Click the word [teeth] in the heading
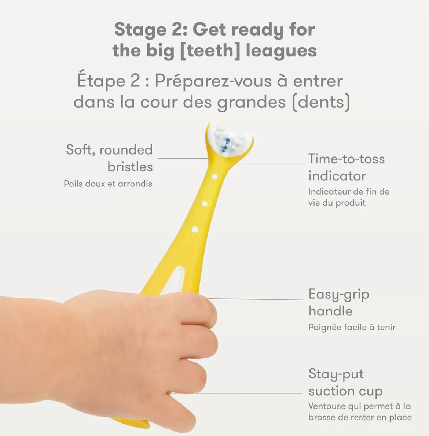(x=210, y=51)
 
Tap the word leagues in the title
(x=281, y=51)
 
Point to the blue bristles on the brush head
(x=226, y=145)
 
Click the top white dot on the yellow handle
(x=214, y=177)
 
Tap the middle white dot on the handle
(x=205, y=204)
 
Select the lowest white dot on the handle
(x=195, y=230)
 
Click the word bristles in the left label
(x=130, y=167)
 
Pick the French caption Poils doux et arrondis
(x=108, y=184)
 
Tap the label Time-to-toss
(x=346, y=159)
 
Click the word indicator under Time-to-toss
(x=337, y=176)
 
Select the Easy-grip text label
(x=339, y=295)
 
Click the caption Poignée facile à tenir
(x=352, y=327)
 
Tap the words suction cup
(x=345, y=392)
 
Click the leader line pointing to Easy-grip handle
(x=255, y=299)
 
